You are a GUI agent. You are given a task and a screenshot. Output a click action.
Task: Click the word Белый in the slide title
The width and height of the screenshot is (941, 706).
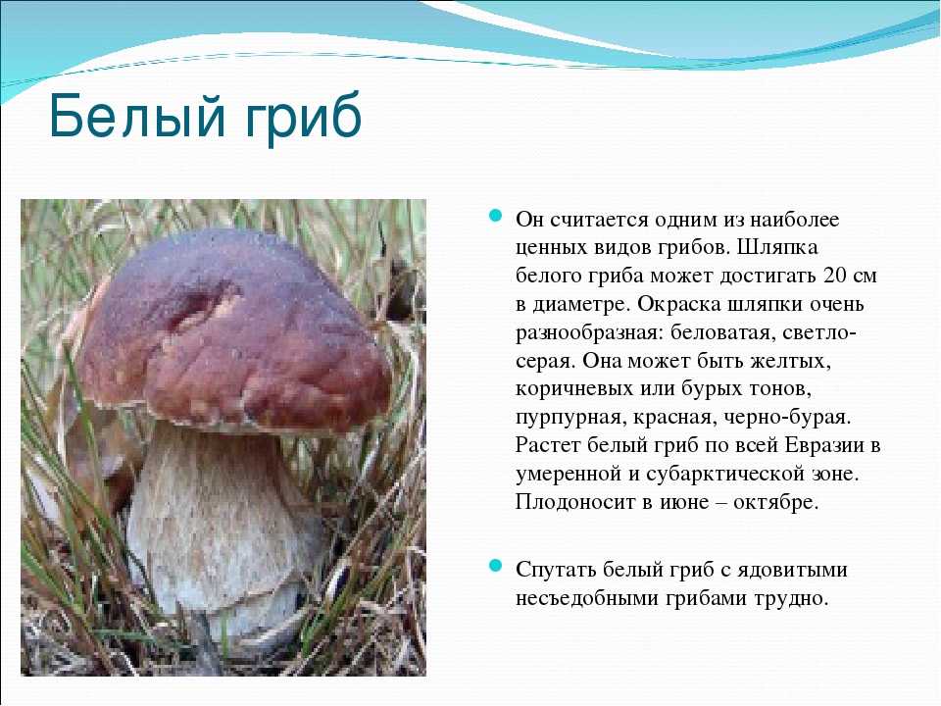(x=137, y=116)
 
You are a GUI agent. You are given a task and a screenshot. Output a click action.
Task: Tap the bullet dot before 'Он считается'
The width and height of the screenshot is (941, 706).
(x=495, y=216)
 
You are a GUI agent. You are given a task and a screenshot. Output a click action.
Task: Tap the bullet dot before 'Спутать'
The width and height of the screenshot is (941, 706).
(x=495, y=566)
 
